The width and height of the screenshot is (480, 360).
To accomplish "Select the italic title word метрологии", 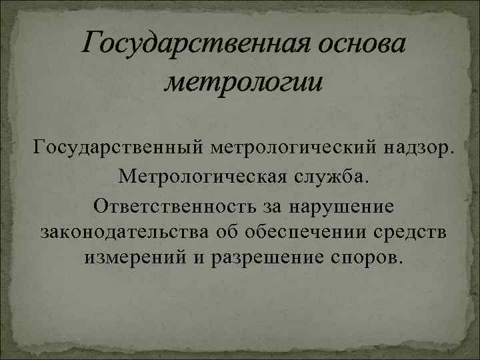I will [x=243, y=83].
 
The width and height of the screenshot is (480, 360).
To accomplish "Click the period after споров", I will [x=400, y=261].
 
